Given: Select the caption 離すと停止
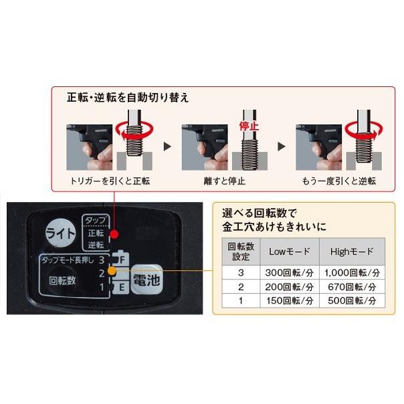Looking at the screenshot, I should click(224, 181).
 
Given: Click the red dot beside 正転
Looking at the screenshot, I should click(116, 235).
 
